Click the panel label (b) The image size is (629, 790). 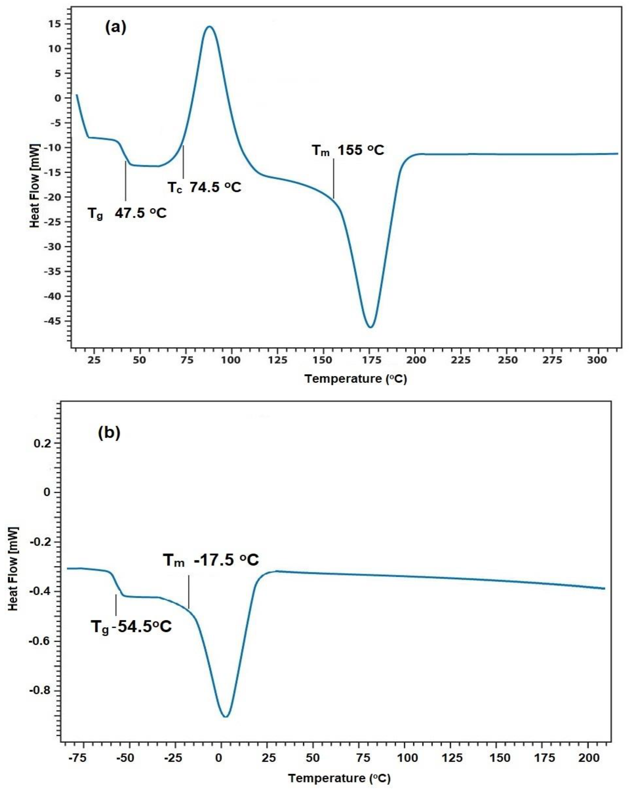pos(109,433)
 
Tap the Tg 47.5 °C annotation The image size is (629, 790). pos(127,213)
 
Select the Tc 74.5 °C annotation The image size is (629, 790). pos(204,188)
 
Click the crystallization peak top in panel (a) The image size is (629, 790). pos(209,26)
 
